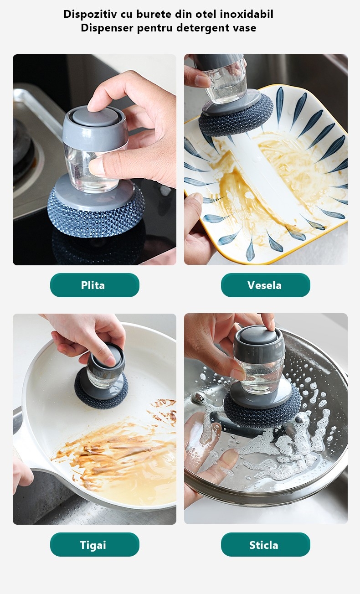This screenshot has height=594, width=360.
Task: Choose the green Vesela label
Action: tap(265, 285)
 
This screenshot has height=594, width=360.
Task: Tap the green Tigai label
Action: tap(95, 545)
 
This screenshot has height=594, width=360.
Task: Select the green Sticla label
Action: tap(265, 545)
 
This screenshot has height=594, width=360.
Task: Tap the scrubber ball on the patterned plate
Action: tap(236, 117)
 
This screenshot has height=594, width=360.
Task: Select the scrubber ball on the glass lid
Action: tap(262, 406)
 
